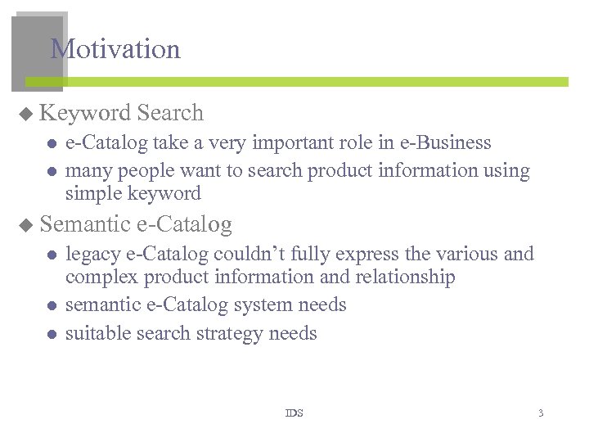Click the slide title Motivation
click(x=115, y=49)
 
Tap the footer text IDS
click(x=294, y=413)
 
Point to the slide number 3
click(x=540, y=413)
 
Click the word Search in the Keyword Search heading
click(x=170, y=113)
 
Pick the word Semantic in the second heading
click(x=85, y=223)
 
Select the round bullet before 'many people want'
click(x=51, y=172)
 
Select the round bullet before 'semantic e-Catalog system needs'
click(x=51, y=306)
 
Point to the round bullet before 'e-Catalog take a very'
click(x=51, y=144)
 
